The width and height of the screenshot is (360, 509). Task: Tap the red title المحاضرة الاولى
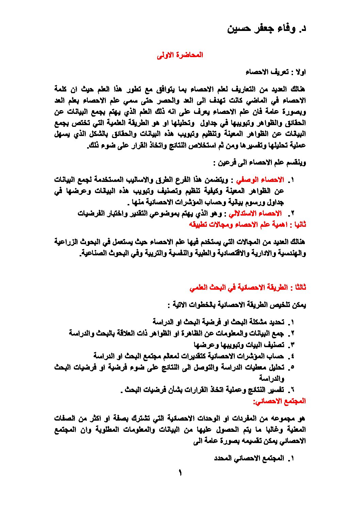pos(180,55)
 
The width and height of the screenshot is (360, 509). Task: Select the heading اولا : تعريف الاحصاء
pos(276,72)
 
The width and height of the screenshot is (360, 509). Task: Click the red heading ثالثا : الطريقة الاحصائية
pos(248,288)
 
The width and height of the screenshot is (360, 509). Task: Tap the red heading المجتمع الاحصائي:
pos(279,401)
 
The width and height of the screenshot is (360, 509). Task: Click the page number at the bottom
pos(180,473)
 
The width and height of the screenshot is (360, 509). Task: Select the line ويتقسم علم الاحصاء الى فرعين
pos(260,163)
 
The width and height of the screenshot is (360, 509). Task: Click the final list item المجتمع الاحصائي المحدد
pos(249,458)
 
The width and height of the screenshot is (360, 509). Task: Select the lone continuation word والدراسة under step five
pos(271,378)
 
